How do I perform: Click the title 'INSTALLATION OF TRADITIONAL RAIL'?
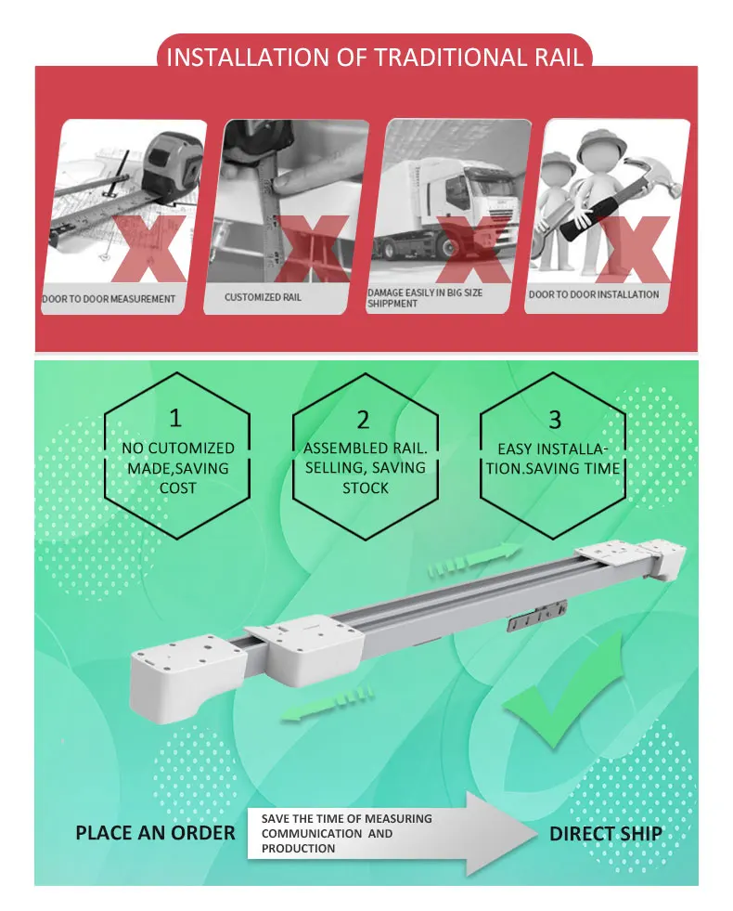pyautogui.click(x=374, y=58)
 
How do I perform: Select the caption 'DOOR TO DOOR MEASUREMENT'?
pyautogui.click(x=109, y=299)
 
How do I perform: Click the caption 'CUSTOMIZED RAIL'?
pyautogui.click(x=263, y=297)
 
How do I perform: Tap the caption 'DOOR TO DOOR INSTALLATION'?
pyautogui.click(x=594, y=294)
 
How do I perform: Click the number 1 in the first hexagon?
pyautogui.click(x=175, y=417)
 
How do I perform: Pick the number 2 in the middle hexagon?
pyautogui.click(x=364, y=419)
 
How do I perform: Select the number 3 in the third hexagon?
pyautogui.click(x=555, y=419)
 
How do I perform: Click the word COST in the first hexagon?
pyautogui.click(x=177, y=488)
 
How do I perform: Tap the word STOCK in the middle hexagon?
pyautogui.click(x=365, y=488)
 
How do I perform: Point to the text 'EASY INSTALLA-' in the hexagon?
pyautogui.click(x=552, y=449)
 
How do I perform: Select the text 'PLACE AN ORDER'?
pyautogui.click(x=156, y=833)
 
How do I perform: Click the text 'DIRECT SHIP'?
pyautogui.click(x=605, y=833)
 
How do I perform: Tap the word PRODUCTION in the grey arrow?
pyautogui.click(x=299, y=848)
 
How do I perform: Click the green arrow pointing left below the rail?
pyautogui.click(x=327, y=703)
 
